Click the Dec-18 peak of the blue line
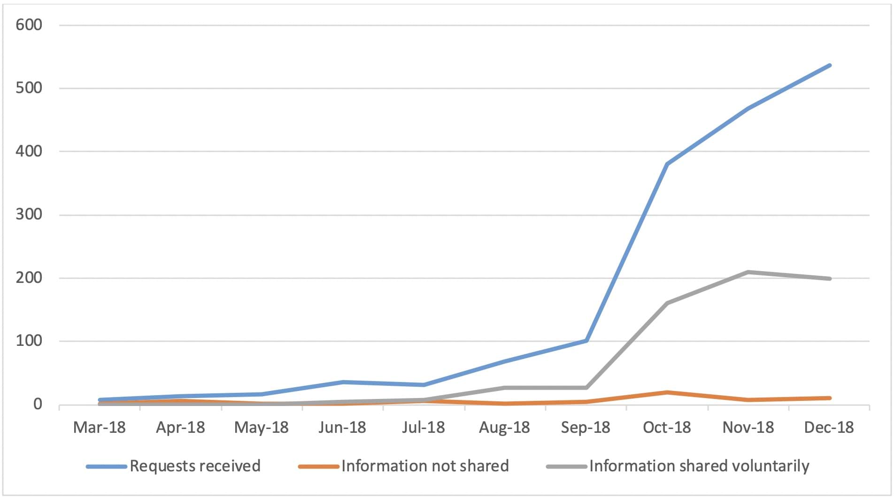[829, 65]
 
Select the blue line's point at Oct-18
[667, 164]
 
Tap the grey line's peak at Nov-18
[748, 272]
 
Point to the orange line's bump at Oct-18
[667, 392]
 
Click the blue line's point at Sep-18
[586, 340]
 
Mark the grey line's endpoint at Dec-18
[829, 279]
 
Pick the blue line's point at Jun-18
[343, 382]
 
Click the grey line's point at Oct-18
[667, 303]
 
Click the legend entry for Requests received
[195, 466]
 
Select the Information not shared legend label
[425, 466]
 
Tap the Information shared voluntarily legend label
[699, 466]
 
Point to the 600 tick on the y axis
[29, 25]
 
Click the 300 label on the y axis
[29, 215]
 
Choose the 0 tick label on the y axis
[38, 405]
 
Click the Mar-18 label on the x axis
[100, 428]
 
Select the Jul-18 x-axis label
[424, 428]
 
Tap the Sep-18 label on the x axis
[586, 428]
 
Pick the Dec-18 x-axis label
[829, 428]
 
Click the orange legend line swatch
[318, 467]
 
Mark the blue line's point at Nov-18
[748, 109]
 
